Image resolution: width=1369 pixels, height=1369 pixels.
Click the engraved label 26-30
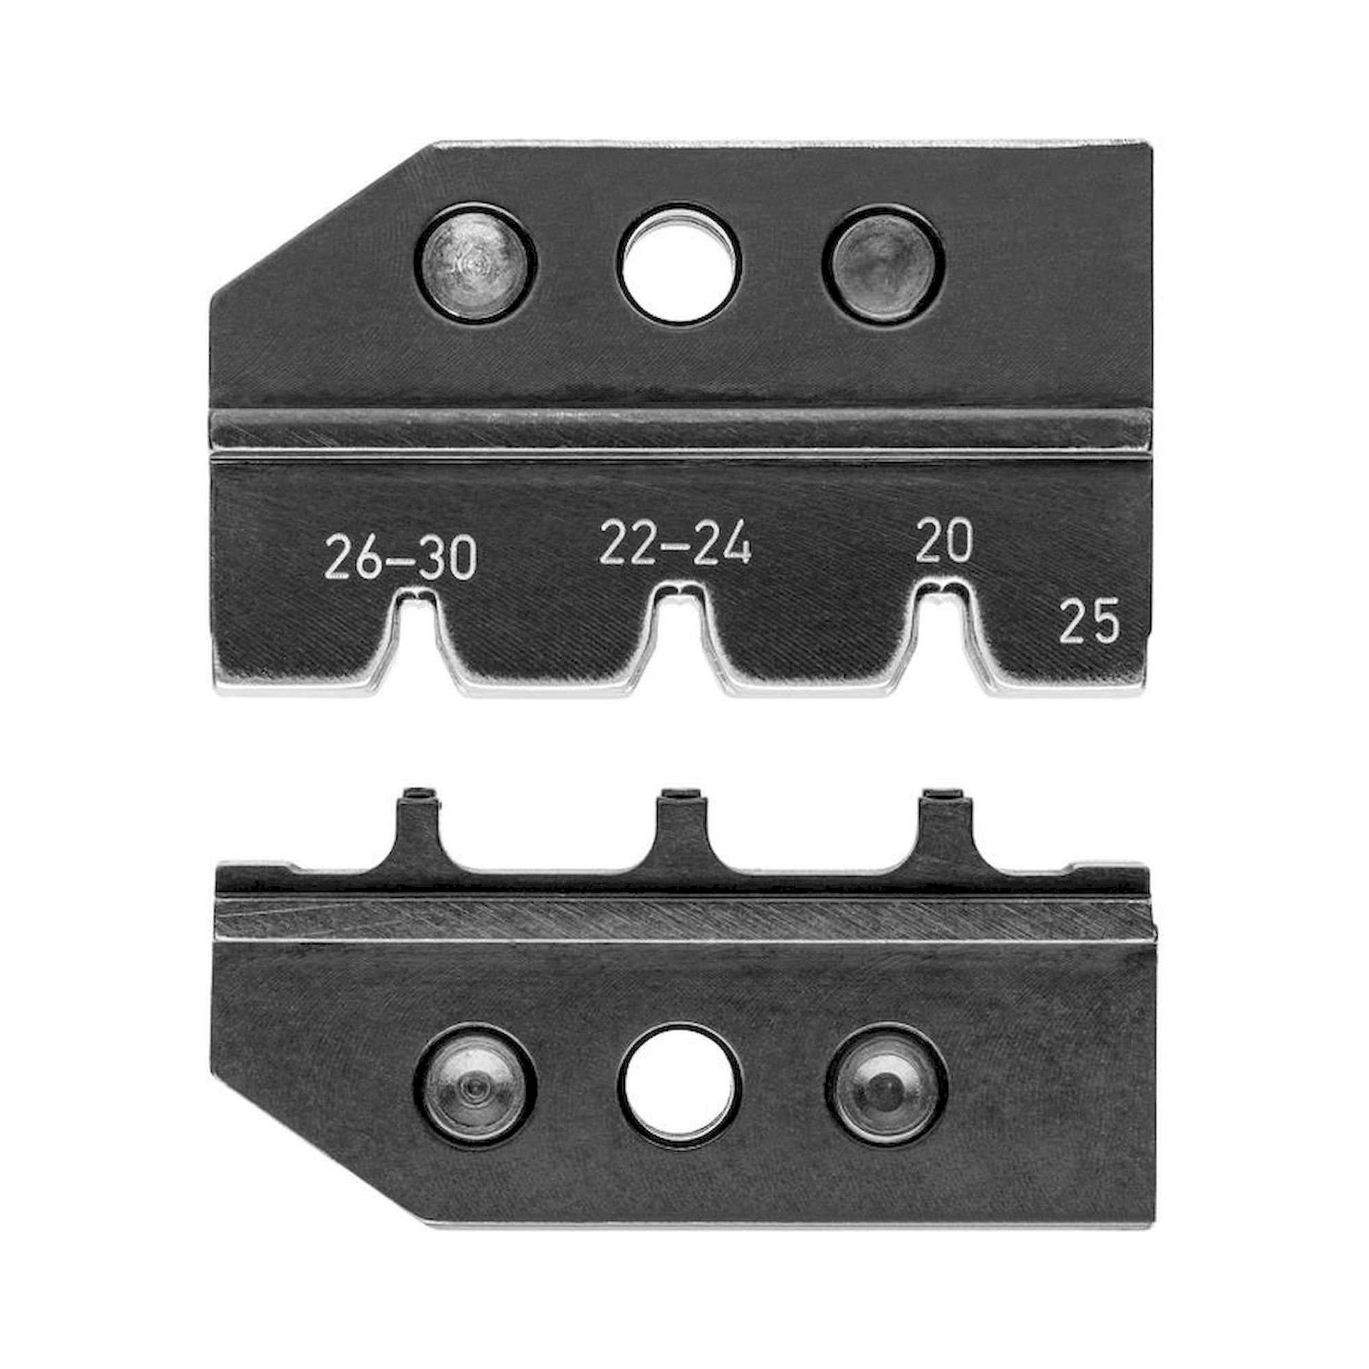click(x=400, y=559)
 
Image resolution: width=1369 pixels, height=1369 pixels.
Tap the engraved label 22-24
click(x=675, y=543)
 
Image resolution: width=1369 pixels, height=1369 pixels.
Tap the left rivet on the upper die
click(x=474, y=264)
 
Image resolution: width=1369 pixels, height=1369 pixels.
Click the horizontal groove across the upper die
click(x=680, y=430)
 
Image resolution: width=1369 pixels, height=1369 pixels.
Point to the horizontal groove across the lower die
click(x=680, y=918)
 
